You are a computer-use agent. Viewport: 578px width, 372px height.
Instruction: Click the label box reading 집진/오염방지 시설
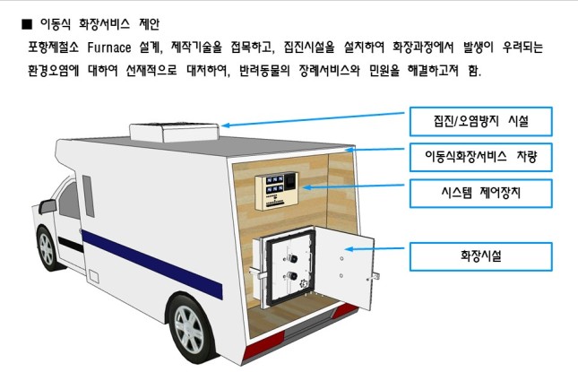point(480,121)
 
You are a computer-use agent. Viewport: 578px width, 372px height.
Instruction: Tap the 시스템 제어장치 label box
point(480,193)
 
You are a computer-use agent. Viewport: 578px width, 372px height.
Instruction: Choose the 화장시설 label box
point(480,255)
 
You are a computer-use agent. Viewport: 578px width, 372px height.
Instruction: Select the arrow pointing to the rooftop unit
point(314,119)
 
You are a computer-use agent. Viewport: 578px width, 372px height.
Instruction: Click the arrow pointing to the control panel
point(355,187)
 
